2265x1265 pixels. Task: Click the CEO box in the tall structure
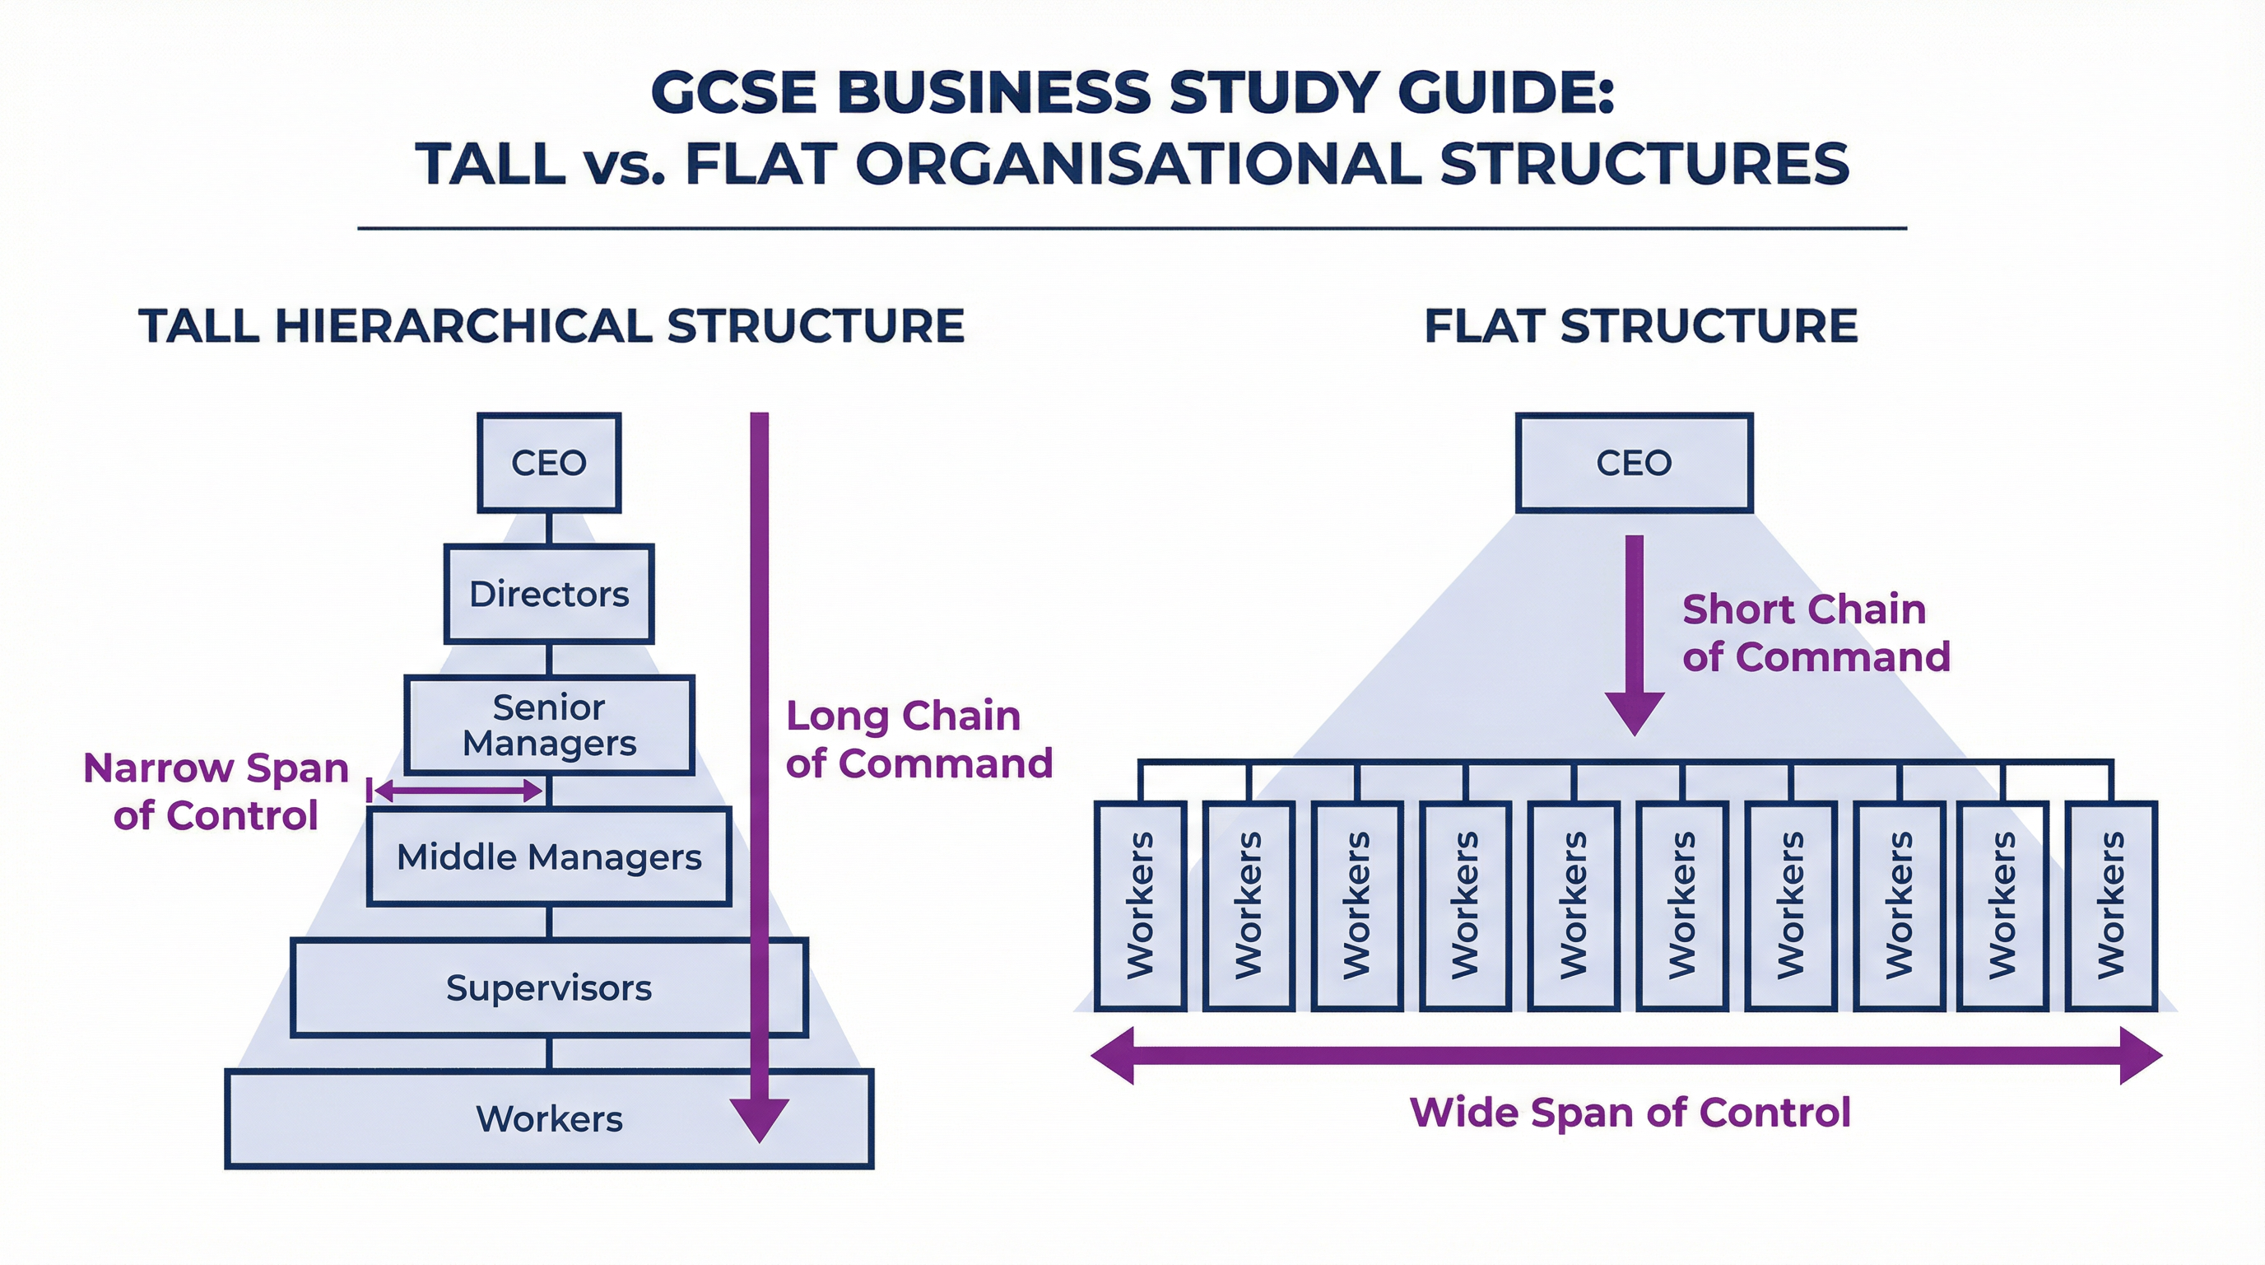click(549, 463)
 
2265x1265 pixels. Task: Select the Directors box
click(549, 594)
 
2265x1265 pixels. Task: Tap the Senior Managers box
click(549, 725)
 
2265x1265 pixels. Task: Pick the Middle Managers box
click(549, 856)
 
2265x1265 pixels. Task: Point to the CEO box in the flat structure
click(1634, 463)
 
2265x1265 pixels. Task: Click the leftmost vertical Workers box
click(1140, 905)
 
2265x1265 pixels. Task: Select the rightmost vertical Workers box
click(2110, 905)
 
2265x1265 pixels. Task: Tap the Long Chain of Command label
click(918, 739)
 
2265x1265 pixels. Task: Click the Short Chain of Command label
click(1815, 632)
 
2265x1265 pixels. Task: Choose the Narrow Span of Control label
click(216, 791)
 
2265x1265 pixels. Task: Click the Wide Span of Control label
click(1630, 1112)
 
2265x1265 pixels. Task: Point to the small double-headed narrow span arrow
click(458, 790)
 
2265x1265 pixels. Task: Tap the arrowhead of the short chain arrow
click(1634, 712)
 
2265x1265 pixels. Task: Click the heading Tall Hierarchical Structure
click(551, 325)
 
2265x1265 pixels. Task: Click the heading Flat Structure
click(1639, 325)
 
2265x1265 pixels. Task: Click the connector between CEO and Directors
click(549, 529)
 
